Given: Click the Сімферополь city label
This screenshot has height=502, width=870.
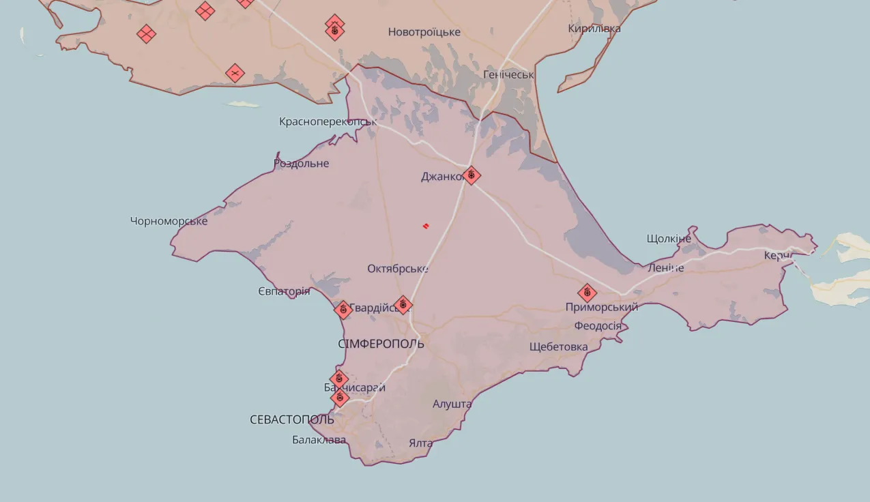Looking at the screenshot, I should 381,343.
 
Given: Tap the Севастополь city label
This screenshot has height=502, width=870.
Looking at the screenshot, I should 292,419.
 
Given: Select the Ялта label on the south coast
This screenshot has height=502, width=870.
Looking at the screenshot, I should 420,443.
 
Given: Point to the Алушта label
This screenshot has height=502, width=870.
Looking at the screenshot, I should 452,404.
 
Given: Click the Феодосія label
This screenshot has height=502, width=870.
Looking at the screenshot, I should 598,325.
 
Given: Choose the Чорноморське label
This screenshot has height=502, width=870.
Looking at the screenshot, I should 169,220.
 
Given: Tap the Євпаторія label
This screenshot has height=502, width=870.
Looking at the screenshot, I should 284,291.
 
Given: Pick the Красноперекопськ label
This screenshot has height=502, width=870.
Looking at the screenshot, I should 328,121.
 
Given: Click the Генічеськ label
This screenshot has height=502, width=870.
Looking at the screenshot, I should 508,74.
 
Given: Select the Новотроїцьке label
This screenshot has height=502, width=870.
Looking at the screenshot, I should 424,32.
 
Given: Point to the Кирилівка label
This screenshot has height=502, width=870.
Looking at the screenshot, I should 594,29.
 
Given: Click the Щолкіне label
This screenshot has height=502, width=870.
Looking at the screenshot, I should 669,238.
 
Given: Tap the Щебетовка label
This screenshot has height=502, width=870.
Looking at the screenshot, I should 558,346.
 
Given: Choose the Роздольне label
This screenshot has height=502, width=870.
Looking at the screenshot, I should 301,163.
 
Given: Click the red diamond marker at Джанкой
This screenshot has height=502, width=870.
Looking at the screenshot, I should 471,175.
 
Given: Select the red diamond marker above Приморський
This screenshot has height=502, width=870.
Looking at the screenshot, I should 587,293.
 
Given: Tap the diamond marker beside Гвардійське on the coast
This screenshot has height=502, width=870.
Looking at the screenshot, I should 343,310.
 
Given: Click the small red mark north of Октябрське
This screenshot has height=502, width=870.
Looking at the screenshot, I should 425,226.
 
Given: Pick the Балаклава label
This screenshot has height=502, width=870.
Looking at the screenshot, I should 319,439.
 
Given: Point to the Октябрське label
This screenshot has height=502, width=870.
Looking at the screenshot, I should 397,269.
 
